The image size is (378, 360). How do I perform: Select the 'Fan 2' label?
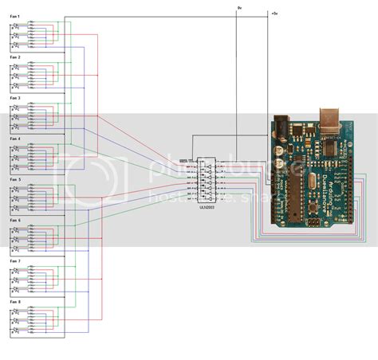15,57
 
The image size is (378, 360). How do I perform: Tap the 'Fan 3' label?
15,98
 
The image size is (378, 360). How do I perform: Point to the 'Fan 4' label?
15,139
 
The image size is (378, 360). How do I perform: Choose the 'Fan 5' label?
15,180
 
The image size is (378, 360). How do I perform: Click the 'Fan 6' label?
15,221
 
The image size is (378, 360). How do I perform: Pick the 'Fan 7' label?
15,261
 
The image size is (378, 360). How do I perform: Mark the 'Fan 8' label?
15,302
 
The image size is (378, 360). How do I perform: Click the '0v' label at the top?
239,7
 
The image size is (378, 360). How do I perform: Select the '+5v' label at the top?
274,14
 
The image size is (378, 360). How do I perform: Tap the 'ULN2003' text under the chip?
207,205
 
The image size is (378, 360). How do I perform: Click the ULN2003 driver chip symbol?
207,180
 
